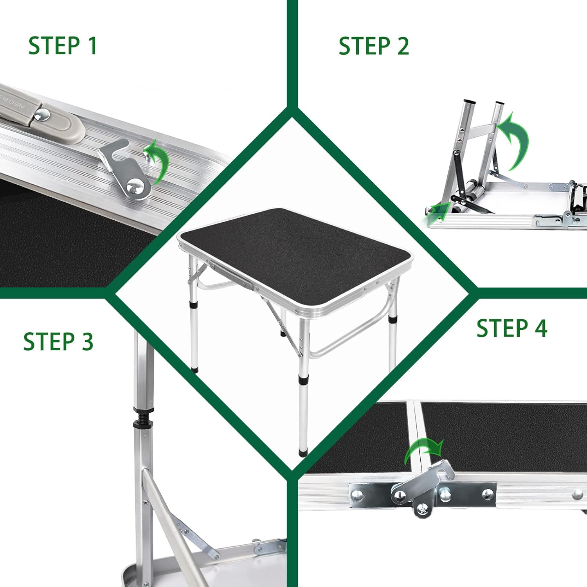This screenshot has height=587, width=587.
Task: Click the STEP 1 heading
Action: [x=63, y=45]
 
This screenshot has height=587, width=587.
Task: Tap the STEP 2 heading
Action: [x=374, y=46]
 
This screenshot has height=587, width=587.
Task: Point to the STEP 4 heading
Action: [x=512, y=328]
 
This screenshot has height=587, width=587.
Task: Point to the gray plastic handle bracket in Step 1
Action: [x=43, y=117]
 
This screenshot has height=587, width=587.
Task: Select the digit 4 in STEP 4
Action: [x=541, y=328]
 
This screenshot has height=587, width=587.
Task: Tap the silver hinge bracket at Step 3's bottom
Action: [x=270, y=546]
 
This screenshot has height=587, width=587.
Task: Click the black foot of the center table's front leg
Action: [x=303, y=452]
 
